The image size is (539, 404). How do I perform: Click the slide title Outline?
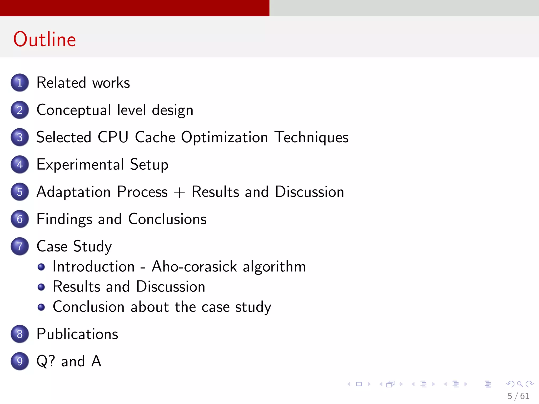pyautogui.click(x=45, y=39)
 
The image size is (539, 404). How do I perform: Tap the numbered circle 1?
pyautogui.click(x=20, y=83)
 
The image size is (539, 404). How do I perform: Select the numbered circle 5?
pyautogui.click(x=20, y=192)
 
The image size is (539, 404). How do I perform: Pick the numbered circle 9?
pyautogui.click(x=20, y=361)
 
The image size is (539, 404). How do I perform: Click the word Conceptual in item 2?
pyautogui.click(x=74, y=110)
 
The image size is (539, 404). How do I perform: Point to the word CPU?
pyautogui.click(x=113, y=137)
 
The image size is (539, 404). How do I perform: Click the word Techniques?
pyautogui.click(x=312, y=137)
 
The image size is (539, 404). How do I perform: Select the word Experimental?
pyautogui.click(x=80, y=165)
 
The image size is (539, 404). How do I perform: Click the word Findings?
pyautogui.click(x=64, y=219)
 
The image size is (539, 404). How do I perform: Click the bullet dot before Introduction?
pyautogui.click(x=41, y=267)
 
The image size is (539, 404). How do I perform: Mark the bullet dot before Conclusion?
pyautogui.click(x=41, y=307)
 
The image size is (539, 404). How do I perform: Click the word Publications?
pyautogui.click(x=77, y=334)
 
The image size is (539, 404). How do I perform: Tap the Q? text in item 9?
pyautogui.click(x=46, y=361)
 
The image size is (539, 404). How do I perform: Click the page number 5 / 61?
pyautogui.click(x=518, y=396)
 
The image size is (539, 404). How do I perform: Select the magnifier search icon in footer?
pyautogui.click(x=520, y=384)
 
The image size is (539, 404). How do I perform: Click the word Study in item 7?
pyautogui.click(x=92, y=247)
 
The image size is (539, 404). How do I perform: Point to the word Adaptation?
pyautogui.click(x=73, y=192)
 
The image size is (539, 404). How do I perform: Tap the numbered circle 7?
pyautogui.click(x=20, y=246)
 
